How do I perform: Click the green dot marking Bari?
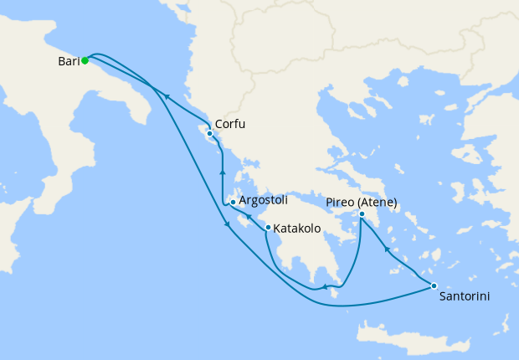[x=85, y=60]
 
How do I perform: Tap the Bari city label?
[x=69, y=61]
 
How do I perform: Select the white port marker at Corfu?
[x=208, y=133]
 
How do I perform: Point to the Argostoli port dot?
[x=232, y=202]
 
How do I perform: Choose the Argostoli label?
[x=263, y=201]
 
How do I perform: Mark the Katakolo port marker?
[x=267, y=227]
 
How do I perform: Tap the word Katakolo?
[x=299, y=227]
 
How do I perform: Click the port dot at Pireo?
[x=362, y=213]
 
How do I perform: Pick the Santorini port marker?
[x=434, y=286]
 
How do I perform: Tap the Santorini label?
[x=464, y=296]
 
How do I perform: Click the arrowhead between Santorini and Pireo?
[x=386, y=248]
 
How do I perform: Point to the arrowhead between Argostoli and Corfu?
[x=222, y=172]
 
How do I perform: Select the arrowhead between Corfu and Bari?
[x=167, y=96]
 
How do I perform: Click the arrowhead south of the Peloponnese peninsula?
[x=324, y=289]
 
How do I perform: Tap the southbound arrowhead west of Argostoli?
[x=227, y=224]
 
